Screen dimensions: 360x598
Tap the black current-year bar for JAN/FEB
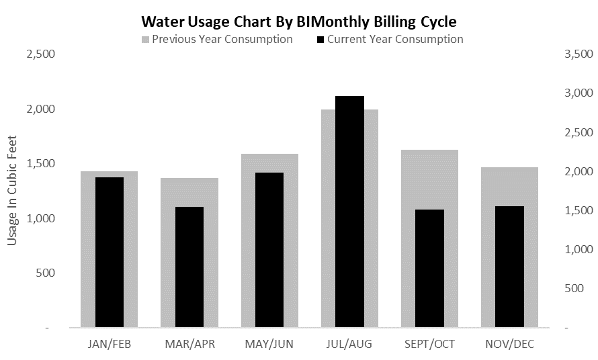tap(110, 253)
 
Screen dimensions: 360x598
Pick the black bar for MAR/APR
tap(189, 267)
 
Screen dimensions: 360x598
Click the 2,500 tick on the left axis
tap(40, 54)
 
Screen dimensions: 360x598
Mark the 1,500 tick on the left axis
tap(40, 164)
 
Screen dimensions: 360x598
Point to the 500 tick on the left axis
tap(46, 273)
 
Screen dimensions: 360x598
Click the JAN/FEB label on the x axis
tap(110, 345)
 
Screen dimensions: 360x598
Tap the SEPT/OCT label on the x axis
tap(429, 345)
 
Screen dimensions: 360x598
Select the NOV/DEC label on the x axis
tap(509, 345)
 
